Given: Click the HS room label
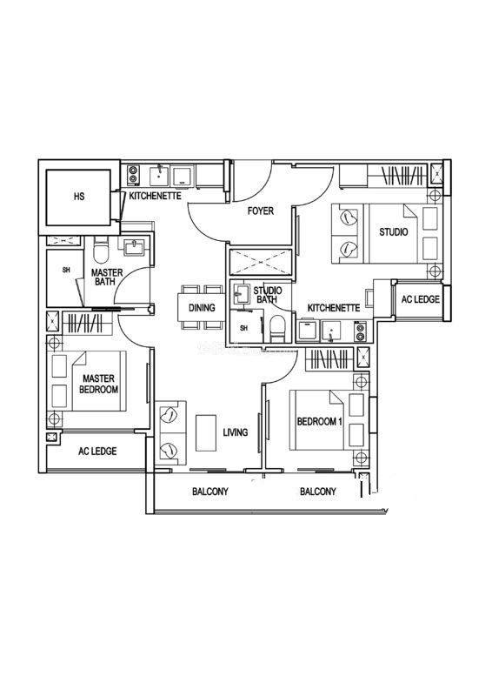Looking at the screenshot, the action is point(79,196).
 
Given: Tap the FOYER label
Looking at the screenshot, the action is point(261,211).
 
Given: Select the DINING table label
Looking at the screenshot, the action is point(202,308).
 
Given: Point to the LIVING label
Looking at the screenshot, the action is point(235,432).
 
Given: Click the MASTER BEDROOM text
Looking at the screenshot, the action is point(98,384).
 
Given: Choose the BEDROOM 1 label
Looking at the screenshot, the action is point(319,421).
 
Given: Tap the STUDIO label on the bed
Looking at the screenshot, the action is point(394,231).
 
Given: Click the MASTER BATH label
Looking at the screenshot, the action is point(106,277).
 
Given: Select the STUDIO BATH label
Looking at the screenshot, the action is point(267,295).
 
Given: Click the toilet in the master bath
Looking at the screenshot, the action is point(102,251).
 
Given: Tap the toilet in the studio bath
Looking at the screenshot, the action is point(277,329).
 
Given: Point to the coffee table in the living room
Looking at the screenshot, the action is point(206,432).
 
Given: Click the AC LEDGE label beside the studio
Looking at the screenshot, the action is point(420,299).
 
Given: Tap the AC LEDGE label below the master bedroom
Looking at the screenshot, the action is point(97,452).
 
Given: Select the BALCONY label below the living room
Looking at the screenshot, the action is point(210,492).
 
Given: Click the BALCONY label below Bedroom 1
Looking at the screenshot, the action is point(318,492).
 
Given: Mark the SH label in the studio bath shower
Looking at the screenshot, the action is point(244,328).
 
